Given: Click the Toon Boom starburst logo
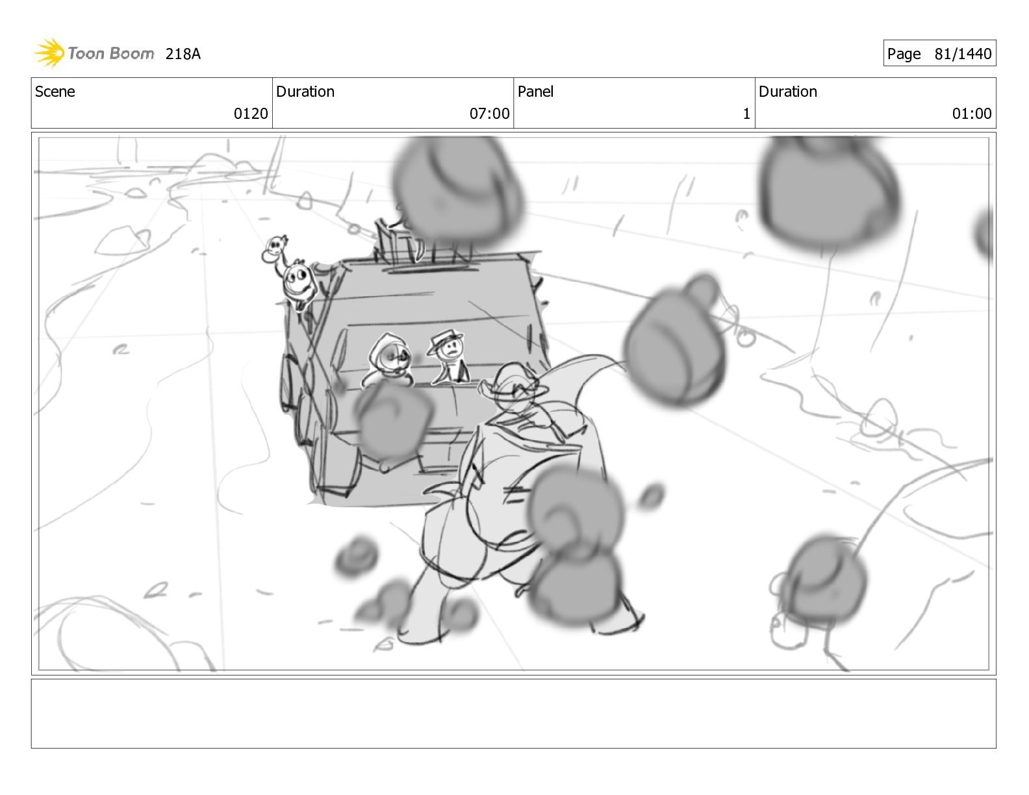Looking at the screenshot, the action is [49, 53].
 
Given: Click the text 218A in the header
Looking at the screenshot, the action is [183, 54].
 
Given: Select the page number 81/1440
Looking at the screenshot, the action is [963, 54].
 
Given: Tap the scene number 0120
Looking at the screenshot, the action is [251, 114].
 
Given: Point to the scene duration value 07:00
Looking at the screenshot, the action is [489, 114].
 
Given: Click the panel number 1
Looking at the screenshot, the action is [746, 114].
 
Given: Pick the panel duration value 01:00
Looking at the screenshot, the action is [972, 114].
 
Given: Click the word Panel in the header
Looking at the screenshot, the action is [535, 92].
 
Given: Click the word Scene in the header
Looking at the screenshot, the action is [55, 92].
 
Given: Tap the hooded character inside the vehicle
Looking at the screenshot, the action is [388, 360].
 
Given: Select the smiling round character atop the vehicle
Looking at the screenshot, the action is [299, 284].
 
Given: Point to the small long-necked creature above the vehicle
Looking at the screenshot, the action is [275, 251].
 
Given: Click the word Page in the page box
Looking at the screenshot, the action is [904, 54].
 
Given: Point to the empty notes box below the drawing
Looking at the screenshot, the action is [514, 714].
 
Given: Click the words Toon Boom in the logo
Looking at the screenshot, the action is [111, 53].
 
